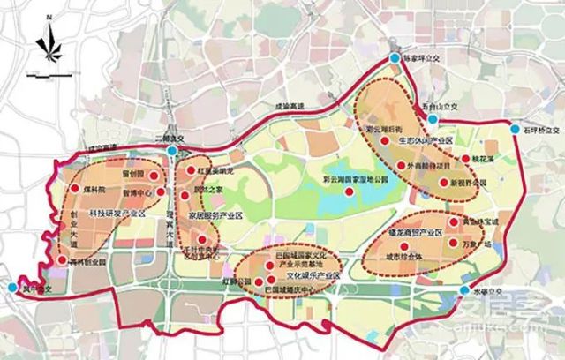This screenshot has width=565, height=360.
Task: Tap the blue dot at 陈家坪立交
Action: coord(395,58)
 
